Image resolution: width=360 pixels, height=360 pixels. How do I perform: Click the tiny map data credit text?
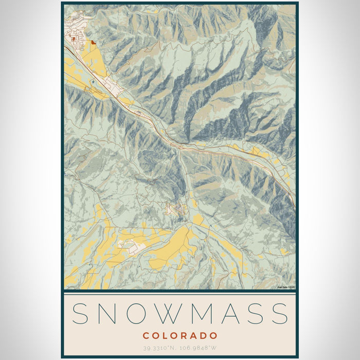click(x=286, y=287)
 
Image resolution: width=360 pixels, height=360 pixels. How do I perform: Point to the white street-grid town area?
click(x=75, y=39)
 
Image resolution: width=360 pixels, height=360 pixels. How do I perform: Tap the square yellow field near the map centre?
click(x=198, y=220)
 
